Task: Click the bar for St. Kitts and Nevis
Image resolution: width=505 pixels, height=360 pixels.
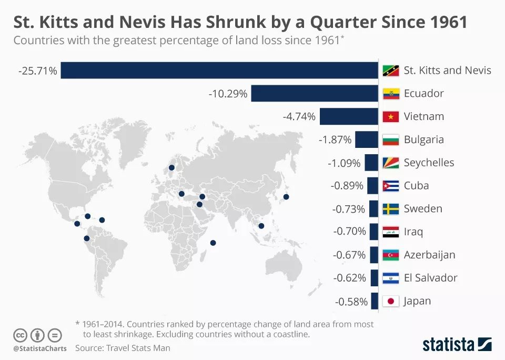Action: coord(219,71)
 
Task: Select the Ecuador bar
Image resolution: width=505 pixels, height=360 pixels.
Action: coord(315,94)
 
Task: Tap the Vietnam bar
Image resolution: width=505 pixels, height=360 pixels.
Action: coord(349,116)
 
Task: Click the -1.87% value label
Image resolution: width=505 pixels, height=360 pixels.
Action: coord(335,139)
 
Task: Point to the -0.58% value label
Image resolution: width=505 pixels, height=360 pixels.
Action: coord(351,302)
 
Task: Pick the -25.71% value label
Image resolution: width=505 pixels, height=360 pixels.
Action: coord(37,71)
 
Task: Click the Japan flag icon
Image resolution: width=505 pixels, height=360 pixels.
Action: coord(390,302)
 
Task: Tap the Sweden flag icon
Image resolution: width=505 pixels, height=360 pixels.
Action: coord(390,209)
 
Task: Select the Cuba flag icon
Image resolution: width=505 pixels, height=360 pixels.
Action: coord(390,186)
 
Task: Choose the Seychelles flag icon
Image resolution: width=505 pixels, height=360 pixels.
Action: coord(390,163)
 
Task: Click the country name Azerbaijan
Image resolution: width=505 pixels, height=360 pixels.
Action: coord(429,255)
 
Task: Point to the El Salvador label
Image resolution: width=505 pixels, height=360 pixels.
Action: coord(430,278)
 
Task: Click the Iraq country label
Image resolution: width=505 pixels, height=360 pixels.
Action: coord(413,232)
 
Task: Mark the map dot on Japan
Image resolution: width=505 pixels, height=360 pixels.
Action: coord(286,197)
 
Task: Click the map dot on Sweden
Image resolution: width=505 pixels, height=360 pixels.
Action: coord(171,168)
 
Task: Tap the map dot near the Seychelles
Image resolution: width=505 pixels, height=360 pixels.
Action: coord(213,243)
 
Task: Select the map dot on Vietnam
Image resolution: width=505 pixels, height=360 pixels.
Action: coord(261,226)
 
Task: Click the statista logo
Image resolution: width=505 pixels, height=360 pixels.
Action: coord(457,345)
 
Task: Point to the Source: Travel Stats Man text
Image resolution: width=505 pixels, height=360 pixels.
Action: coord(123,348)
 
